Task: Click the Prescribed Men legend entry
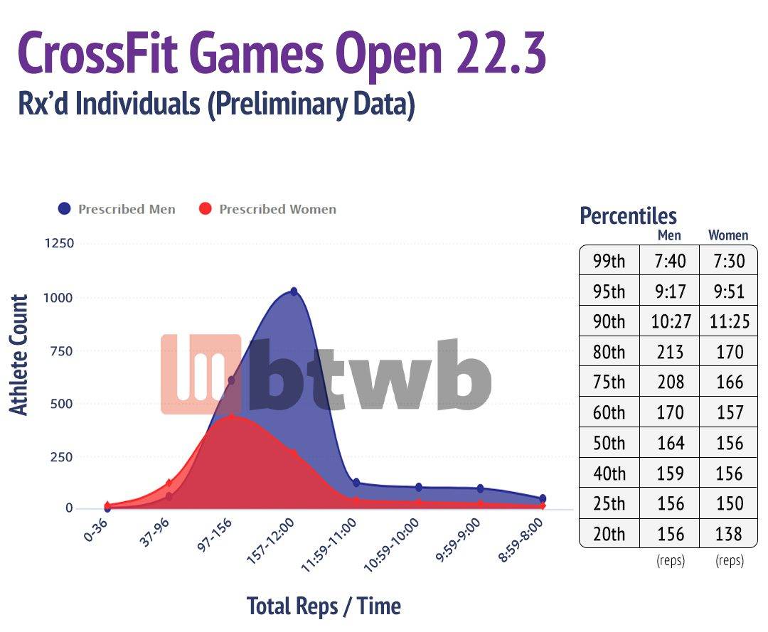[117, 209]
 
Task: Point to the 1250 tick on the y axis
[59, 244]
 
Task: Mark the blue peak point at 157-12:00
[294, 291]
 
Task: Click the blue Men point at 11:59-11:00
[356, 483]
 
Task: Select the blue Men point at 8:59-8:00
[543, 499]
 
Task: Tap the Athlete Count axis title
[19, 355]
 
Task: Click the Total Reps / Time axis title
[324, 606]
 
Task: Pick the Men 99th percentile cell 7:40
[669, 261]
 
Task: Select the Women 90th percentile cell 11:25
[729, 322]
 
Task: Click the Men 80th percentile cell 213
[669, 352]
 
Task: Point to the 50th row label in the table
[609, 443]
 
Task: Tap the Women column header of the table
[728, 235]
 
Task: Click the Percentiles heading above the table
[628, 215]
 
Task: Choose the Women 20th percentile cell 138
[729, 533]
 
